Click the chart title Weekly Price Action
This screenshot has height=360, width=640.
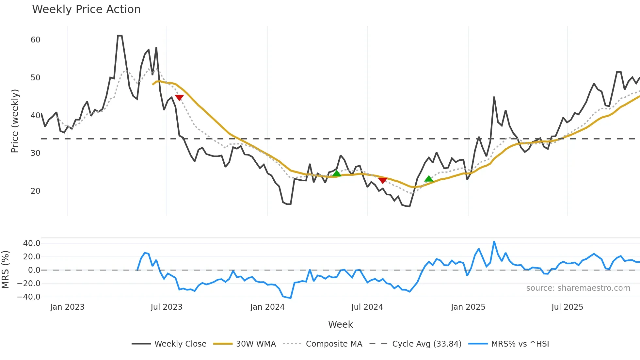tap(86, 9)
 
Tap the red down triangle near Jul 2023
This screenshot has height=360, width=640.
tap(179, 97)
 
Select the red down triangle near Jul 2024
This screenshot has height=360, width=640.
tap(383, 180)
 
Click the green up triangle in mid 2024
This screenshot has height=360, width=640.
tap(337, 173)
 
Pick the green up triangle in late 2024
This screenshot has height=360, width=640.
tap(429, 179)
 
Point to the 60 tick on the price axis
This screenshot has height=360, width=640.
tap(35, 40)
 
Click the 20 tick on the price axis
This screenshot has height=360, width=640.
tap(35, 191)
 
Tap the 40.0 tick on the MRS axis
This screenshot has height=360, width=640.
tap(32, 243)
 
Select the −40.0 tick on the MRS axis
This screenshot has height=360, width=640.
tap(29, 297)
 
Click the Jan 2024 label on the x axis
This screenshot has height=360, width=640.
tap(267, 307)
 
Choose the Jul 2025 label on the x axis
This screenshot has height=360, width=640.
tap(567, 307)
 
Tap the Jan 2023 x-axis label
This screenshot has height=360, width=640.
tap(67, 307)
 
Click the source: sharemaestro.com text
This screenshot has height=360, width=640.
tap(578, 288)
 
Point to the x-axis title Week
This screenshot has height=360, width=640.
tap(340, 324)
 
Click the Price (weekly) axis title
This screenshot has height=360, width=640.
tap(15, 121)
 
